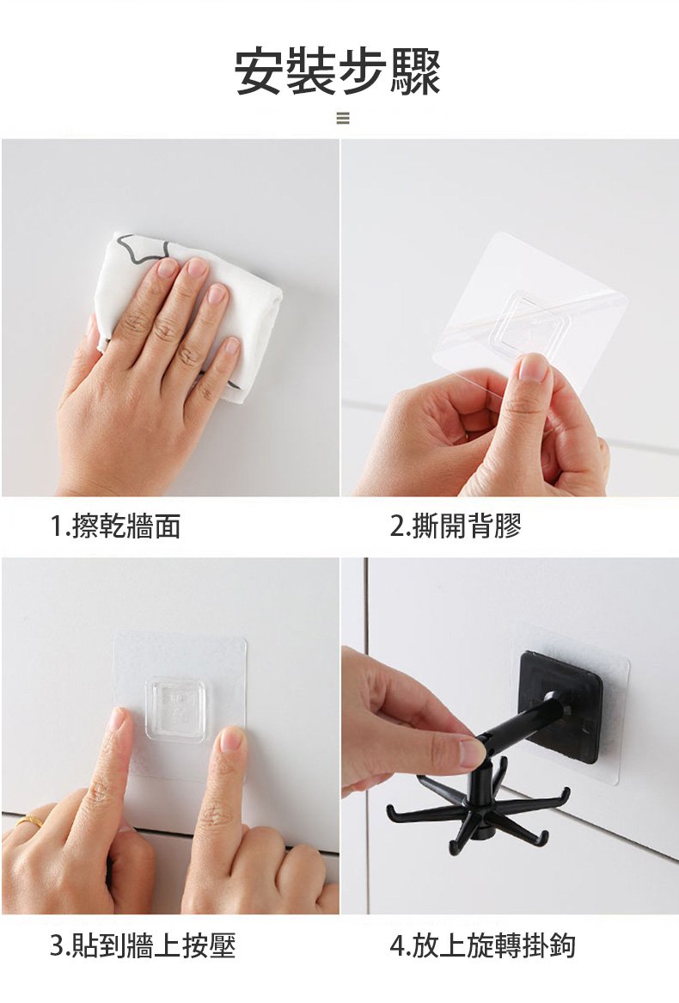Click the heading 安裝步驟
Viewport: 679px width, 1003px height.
pos(339,71)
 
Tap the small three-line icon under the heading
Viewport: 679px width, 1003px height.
pos(343,119)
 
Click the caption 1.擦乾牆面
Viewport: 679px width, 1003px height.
pos(116,526)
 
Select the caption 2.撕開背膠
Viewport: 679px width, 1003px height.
pos(456,526)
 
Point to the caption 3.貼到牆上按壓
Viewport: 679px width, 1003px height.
pos(144,945)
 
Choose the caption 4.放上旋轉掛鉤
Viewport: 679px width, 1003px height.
pos(483,945)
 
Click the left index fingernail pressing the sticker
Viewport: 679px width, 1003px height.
pos(118,719)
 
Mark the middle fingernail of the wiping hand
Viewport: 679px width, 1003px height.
pos(198,267)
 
